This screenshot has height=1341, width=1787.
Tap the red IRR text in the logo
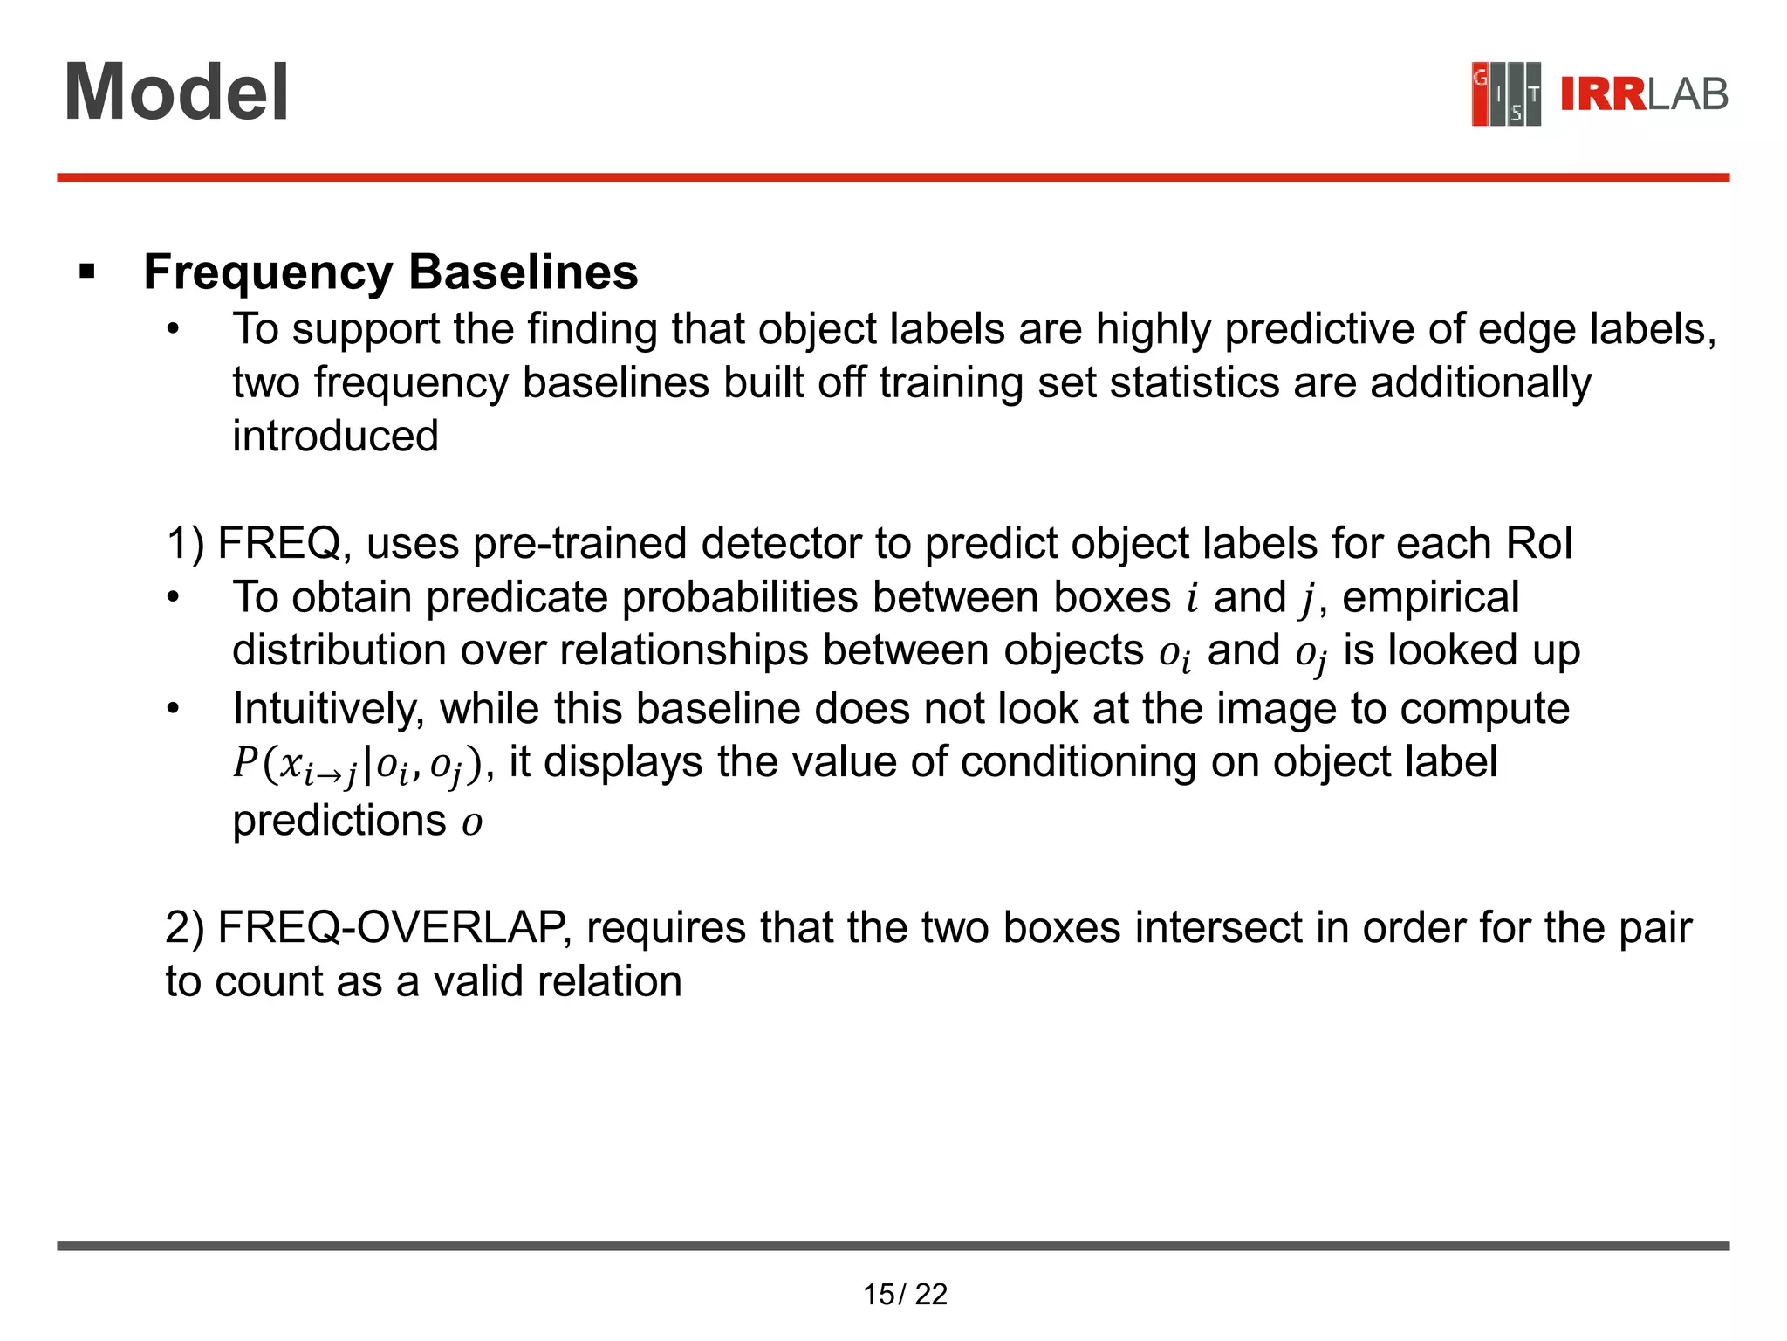click(1602, 94)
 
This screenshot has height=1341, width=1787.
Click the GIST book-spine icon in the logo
click(1505, 94)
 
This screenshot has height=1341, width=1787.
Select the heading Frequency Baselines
click(391, 272)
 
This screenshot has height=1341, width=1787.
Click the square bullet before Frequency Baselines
click(86, 272)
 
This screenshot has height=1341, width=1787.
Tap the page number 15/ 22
click(905, 1294)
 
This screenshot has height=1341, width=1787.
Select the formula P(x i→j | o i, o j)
click(357, 764)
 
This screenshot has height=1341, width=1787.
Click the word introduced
click(335, 436)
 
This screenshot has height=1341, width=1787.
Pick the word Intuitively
click(328, 708)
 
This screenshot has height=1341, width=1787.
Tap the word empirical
click(1431, 597)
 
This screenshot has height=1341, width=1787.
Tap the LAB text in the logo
click(1688, 94)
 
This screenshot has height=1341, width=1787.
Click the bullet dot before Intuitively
click(174, 709)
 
